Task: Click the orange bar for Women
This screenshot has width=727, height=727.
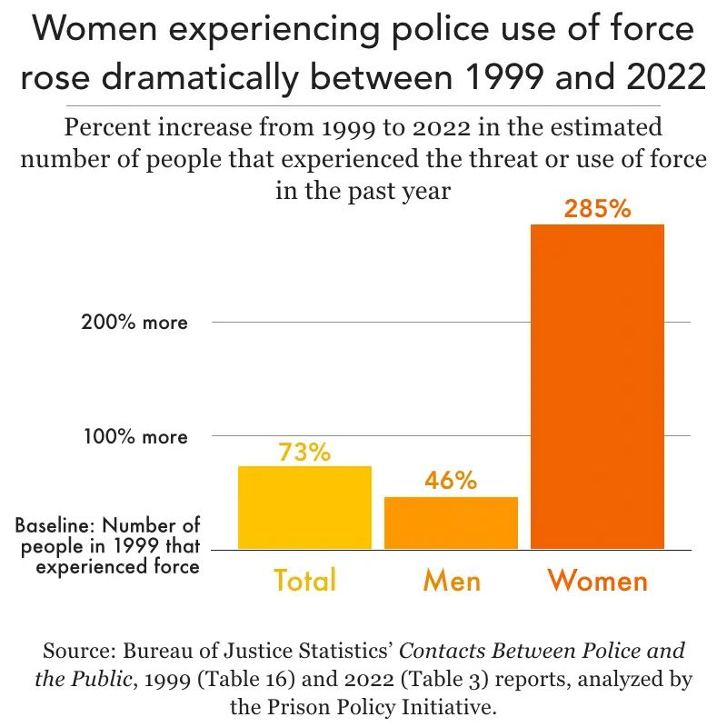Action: tap(597, 386)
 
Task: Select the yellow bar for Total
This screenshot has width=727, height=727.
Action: tap(304, 507)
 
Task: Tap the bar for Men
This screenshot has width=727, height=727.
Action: tap(451, 523)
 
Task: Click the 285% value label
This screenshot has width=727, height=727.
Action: tap(597, 209)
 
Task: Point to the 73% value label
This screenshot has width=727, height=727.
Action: tap(304, 452)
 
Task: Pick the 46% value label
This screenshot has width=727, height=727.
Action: tap(451, 481)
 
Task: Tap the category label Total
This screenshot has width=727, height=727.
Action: tap(304, 580)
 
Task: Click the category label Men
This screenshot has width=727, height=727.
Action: tap(451, 580)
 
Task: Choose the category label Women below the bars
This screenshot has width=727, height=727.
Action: tap(597, 580)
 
